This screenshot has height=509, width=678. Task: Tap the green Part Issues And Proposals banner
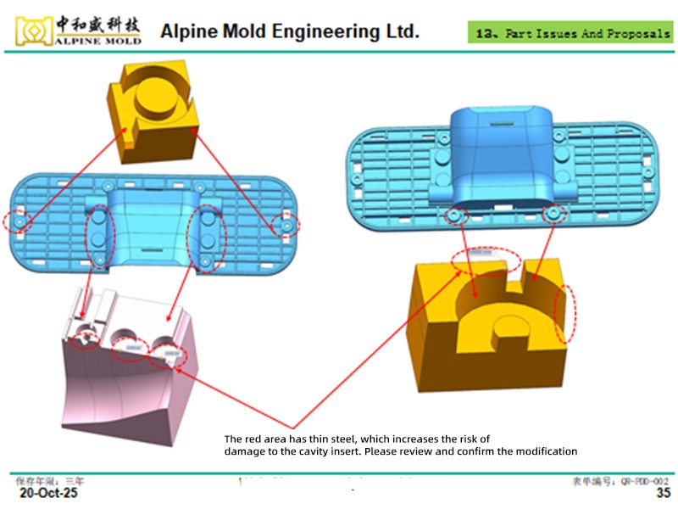570,34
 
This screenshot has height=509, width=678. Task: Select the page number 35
664,493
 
